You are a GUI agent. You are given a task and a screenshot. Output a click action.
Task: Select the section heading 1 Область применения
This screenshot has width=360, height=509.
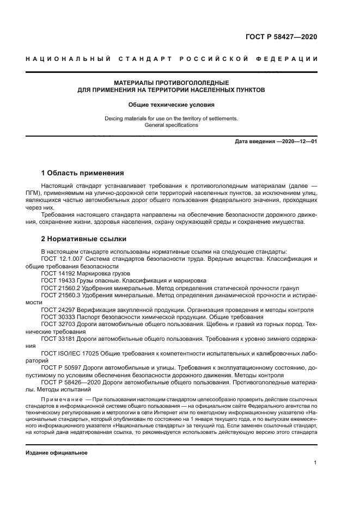coord(83,173)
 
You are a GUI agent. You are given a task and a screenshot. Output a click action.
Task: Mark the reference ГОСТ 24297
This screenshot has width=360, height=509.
coord(56,309)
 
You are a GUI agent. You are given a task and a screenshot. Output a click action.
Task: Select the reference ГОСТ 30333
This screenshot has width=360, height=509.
coord(56,316)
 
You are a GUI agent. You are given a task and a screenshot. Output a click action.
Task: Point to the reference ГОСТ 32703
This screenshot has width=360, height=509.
coord(56,323)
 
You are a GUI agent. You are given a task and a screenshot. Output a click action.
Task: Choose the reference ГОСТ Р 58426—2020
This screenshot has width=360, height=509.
coord(70,382)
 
